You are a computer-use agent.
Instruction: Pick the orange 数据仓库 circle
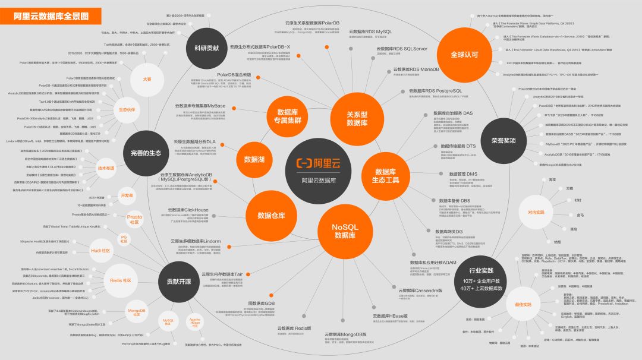(272, 215)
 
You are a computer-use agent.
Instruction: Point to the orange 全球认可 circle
(464, 54)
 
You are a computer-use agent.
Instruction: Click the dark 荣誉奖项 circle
(503, 141)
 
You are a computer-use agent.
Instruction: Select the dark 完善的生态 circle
(146, 153)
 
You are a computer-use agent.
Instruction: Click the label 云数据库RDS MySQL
(370, 31)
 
